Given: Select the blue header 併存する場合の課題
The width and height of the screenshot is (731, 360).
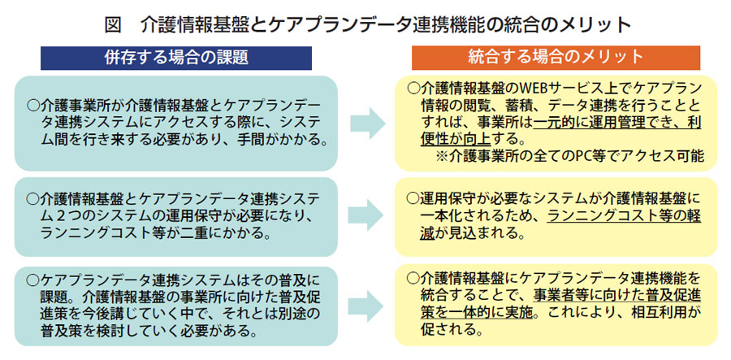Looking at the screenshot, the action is click(x=175, y=58).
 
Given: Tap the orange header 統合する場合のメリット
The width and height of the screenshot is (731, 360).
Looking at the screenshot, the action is click(x=556, y=58).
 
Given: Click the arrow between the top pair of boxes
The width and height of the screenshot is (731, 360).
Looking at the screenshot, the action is click(x=368, y=123).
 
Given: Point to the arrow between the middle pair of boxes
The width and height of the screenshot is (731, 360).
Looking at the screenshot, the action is click(x=368, y=215).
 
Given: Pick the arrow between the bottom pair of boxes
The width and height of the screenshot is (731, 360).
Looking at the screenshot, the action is click(x=368, y=306).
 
